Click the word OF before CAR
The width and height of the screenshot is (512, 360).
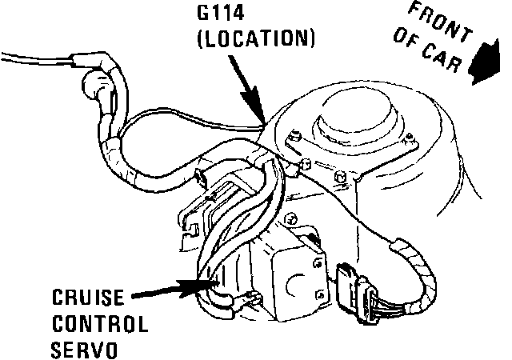(404, 47)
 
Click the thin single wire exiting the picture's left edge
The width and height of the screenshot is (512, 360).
(24, 56)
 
